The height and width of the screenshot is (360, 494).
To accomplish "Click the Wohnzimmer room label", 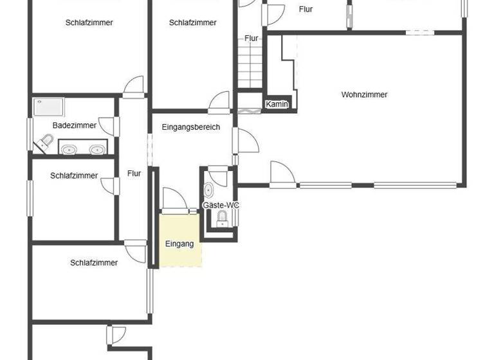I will pos(364,94).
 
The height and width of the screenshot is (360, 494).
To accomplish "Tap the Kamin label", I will pos(277,105).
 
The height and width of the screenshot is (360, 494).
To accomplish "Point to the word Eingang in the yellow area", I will pos(179,244).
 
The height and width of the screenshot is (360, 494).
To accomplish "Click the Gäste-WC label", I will pos(221,205).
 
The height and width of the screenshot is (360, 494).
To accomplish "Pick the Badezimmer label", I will pos(75,125).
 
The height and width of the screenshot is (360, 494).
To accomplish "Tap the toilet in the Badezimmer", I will pos(46,142).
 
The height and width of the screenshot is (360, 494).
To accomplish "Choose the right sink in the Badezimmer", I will pos(97,150).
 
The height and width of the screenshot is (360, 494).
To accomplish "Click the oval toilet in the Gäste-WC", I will pos(209,190).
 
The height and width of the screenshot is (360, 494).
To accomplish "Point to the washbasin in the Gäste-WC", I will pos(222,219).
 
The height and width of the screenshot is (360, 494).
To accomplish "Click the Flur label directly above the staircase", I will pos(251,39).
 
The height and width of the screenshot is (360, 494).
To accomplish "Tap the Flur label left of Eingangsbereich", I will pos(134,174).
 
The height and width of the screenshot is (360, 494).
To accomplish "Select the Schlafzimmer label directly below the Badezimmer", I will pos(74,175).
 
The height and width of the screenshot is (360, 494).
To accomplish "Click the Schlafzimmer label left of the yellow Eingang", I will pos(94,262).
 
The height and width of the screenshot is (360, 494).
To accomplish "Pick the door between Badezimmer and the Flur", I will pos(110,127).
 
